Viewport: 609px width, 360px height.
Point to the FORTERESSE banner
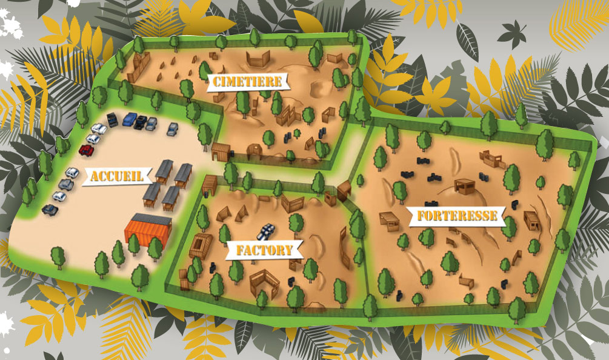(457, 216)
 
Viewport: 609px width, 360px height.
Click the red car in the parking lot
(86, 149)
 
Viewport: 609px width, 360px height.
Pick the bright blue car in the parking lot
(130, 119)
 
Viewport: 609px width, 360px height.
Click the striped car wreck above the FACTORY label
(265, 231)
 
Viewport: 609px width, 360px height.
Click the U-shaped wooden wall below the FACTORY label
(264, 282)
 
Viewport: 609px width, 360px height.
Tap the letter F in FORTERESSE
(419, 216)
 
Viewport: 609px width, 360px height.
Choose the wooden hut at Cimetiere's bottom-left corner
(221, 151)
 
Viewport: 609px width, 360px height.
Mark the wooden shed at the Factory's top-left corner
(210, 185)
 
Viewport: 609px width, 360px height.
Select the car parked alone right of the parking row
(173, 128)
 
